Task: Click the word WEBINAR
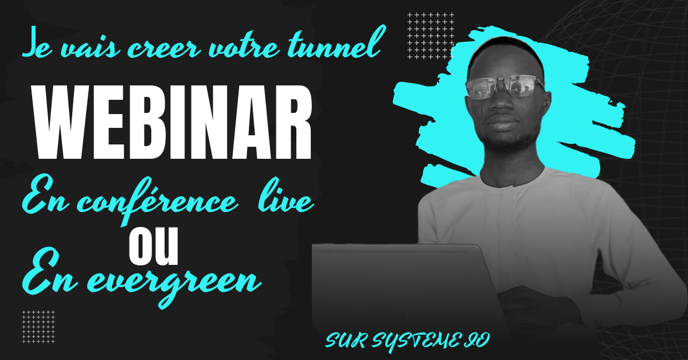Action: click(173, 122)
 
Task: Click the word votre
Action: click(244, 45)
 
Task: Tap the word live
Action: click(286, 196)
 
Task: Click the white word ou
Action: click(154, 246)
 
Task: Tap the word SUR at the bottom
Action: click(346, 341)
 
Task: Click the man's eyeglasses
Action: click(505, 88)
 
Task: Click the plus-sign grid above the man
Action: click(431, 36)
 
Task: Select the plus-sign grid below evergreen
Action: click(38, 327)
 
